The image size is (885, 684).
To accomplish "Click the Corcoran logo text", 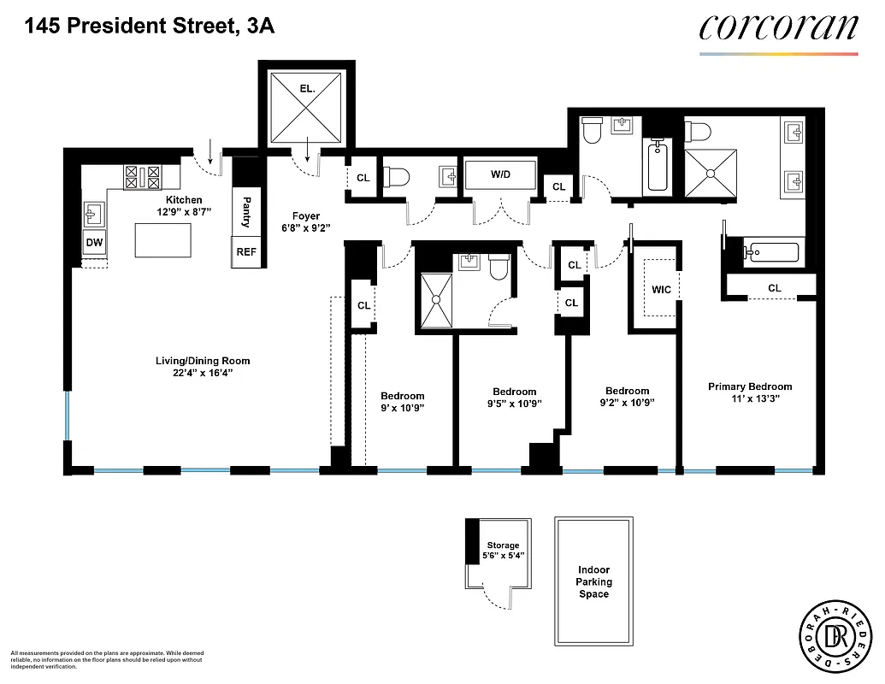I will pyautogui.click(x=777, y=27).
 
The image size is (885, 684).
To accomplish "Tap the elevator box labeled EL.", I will pyautogui.click(x=307, y=109).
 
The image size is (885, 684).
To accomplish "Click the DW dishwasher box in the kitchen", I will pyautogui.click(x=94, y=244).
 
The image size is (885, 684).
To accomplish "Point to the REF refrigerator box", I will pyautogui.click(x=245, y=252).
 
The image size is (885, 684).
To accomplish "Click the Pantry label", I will pyautogui.click(x=246, y=211).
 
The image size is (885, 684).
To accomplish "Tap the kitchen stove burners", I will pyautogui.click(x=143, y=177).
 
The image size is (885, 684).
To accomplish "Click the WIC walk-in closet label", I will pyautogui.click(x=661, y=290).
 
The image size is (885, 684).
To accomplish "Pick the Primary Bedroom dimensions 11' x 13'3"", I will pyautogui.click(x=750, y=398).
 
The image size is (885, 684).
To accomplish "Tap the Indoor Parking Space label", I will pyautogui.click(x=593, y=582).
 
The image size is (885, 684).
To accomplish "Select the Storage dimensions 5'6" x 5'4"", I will pyautogui.click(x=503, y=556).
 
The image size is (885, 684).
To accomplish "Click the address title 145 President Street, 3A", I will pyautogui.click(x=150, y=27).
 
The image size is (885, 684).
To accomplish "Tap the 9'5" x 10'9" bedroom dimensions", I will pyautogui.click(x=514, y=404).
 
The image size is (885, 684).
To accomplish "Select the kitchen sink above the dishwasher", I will pyautogui.click(x=94, y=212).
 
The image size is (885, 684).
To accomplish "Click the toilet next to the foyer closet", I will pyautogui.click(x=398, y=177).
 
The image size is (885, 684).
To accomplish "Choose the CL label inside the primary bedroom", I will pyautogui.click(x=774, y=288).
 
